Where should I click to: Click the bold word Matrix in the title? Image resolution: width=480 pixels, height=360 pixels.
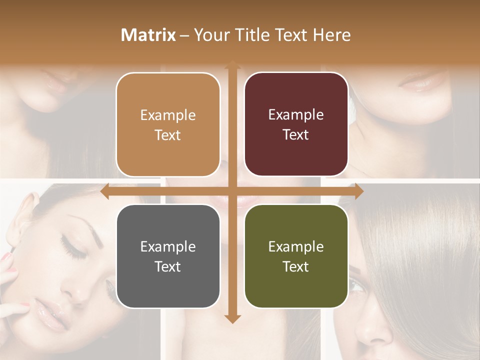148,35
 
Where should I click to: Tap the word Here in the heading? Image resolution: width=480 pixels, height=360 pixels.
331,35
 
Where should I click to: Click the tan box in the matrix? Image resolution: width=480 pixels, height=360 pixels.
168,125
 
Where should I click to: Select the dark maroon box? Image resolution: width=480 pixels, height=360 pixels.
296,124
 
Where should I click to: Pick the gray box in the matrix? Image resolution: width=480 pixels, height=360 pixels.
168,256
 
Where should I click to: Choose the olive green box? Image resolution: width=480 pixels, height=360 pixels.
296,256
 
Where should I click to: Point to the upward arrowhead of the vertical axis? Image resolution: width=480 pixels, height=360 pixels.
232,65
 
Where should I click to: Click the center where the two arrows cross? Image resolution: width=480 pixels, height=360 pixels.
232,191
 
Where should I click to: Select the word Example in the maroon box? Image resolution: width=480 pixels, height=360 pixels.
296,115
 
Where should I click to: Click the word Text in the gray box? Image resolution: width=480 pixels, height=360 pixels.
167,266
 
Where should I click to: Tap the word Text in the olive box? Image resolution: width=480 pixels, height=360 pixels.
296,266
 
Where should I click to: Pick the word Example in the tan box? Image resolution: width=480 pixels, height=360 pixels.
168,115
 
